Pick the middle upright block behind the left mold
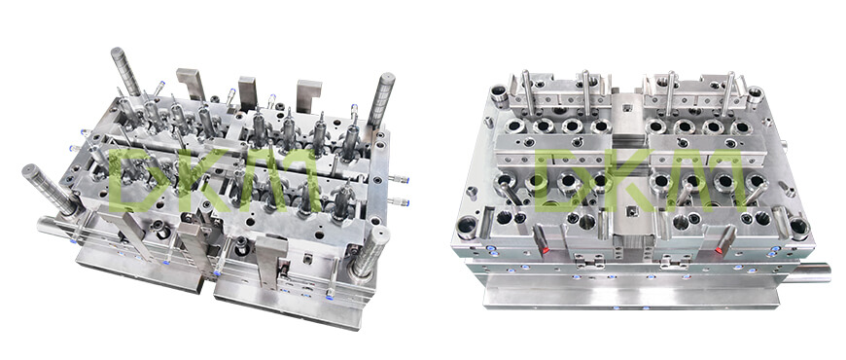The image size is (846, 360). (247, 93)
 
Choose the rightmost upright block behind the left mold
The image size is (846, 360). (308, 97)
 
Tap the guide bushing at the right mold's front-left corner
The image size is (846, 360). (469, 228)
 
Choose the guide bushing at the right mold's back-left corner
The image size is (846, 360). (500, 94)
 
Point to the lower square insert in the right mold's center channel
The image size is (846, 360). (629, 210)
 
